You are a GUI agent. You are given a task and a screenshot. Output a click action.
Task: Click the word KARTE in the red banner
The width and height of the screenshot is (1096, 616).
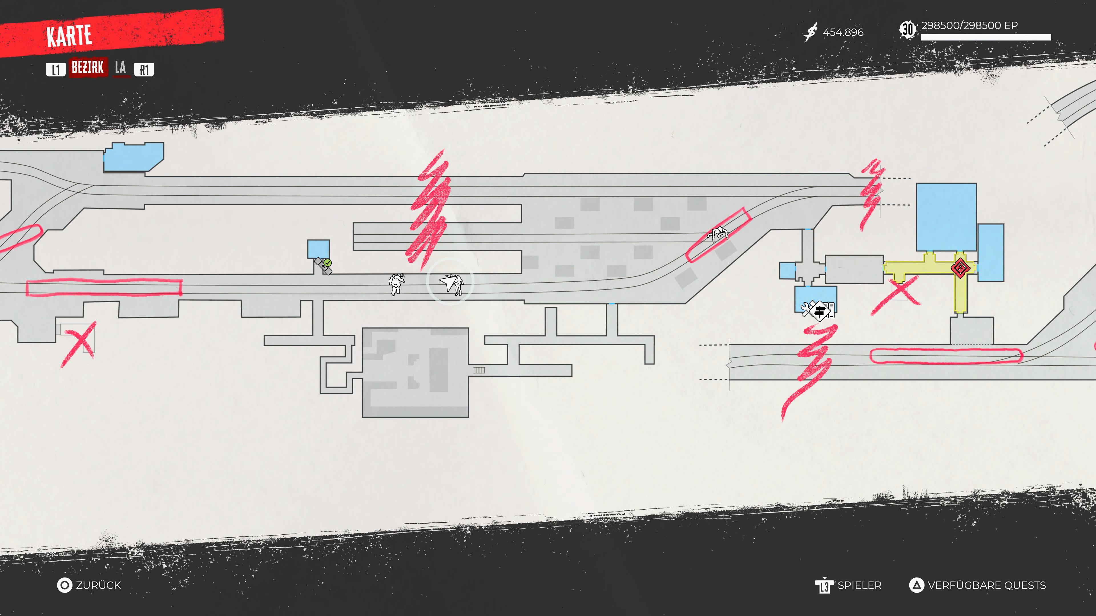69,36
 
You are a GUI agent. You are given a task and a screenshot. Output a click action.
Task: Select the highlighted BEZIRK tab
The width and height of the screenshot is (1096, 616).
88,68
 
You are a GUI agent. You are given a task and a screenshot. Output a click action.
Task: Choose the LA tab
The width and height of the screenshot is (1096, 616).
120,68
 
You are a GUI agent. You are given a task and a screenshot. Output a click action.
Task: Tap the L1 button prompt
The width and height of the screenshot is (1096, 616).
56,70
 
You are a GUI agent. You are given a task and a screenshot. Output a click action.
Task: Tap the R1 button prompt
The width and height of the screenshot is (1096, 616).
144,70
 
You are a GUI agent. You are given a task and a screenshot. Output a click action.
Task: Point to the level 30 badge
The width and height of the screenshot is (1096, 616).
908,30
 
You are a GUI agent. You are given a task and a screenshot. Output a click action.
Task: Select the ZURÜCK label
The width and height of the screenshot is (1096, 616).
98,585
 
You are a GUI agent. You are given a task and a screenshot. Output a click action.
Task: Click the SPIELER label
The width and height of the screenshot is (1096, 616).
859,585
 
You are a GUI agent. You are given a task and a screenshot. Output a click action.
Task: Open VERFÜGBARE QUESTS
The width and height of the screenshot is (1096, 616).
986,585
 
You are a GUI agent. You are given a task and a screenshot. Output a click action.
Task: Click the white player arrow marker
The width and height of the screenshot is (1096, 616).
448,282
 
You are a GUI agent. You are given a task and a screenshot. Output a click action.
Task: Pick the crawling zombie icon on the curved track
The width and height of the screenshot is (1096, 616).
717,233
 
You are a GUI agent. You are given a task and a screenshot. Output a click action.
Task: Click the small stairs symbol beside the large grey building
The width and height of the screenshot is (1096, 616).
479,370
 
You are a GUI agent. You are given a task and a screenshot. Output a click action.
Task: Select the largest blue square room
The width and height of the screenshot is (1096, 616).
946,217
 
